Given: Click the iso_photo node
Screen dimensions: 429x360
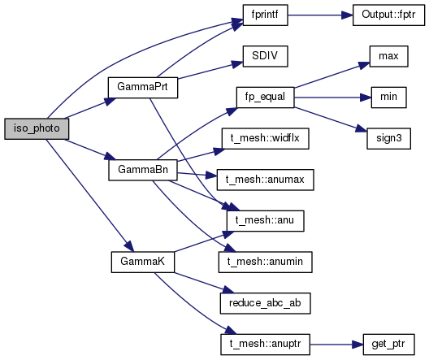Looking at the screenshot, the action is tap(37, 129).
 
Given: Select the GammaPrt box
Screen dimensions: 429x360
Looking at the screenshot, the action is tap(143, 88).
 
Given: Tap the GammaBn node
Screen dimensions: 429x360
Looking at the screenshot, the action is tap(143, 170).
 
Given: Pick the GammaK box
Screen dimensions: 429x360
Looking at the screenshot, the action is tap(143, 262).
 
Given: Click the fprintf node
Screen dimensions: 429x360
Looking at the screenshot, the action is tap(266, 15).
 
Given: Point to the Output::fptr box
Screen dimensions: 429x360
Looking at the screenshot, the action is tap(388, 15).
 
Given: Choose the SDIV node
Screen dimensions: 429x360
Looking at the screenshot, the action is tap(266, 56).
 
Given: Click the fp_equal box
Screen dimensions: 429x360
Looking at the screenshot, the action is tap(266, 98).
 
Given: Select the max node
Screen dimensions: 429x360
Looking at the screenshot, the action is tap(388, 56).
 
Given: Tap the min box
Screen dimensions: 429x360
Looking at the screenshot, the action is tap(388, 98).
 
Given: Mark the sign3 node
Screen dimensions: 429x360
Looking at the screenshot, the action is tap(388, 139).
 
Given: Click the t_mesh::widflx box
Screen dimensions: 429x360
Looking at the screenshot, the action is tap(266, 139).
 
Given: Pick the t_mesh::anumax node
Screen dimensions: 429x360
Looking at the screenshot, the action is tap(266, 180).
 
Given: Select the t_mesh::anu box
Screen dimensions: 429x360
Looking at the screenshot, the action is tap(266, 221).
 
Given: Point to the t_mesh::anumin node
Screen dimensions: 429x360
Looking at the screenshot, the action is tap(266, 262).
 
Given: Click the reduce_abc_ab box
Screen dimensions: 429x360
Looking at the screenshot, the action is tap(266, 303).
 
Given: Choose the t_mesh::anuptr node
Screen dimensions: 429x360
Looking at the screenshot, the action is tap(266, 345).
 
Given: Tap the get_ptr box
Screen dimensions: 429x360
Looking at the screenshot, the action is tap(388, 345).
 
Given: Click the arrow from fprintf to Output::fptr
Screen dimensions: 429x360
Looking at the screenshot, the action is tap(320, 15).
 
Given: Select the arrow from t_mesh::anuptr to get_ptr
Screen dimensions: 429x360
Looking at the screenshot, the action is tap(336, 345).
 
